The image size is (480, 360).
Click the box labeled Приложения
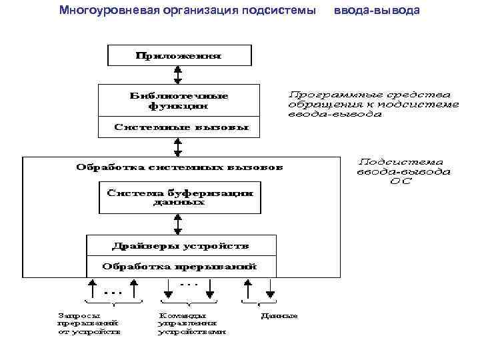click(x=179, y=55)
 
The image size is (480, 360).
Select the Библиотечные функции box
click(x=178, y=100)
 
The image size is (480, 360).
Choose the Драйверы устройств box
click(x=181, y=246)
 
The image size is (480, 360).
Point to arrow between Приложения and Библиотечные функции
click(x=178, y=75)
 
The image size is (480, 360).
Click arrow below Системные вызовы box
click(x=178, y=146)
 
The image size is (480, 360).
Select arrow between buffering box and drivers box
click(x=178, y=225)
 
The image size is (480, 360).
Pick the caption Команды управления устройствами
click(x=191, y=323)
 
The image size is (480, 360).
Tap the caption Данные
click(x=279, y=315)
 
